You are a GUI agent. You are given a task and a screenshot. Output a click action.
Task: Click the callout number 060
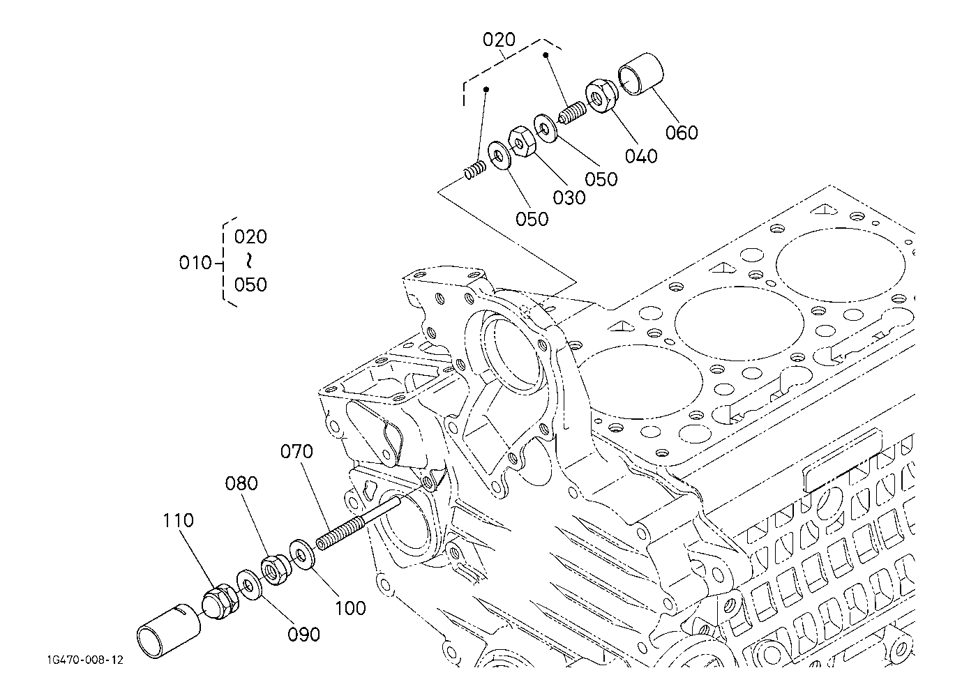[x=682, y=132]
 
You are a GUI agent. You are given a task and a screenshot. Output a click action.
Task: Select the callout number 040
[x=641, y=156]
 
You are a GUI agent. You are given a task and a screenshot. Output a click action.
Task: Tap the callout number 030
[x=569, y=198]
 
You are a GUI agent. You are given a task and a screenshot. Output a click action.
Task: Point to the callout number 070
[x=296, y=452]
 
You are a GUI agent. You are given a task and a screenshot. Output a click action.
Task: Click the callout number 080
[x=241, y=483]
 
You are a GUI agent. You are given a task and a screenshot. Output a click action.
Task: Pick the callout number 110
[x=178, y=520]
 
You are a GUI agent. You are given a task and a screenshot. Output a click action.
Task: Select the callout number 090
[x=303, y=635]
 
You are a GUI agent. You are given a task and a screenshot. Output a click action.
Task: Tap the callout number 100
[x=350, y=608]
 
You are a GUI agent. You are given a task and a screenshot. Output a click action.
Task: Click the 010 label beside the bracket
[x=195, y=263]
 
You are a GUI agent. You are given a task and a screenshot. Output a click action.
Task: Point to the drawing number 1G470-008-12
[x=85, y=660]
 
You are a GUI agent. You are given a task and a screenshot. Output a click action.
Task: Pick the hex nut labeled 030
[x=521, y=142]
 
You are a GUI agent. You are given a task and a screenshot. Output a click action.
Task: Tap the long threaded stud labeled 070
[x=360, y=523]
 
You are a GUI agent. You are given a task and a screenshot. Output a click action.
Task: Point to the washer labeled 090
[x=250, y=584]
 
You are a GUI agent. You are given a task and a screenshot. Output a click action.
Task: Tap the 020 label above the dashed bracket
[x=499, y=40]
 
